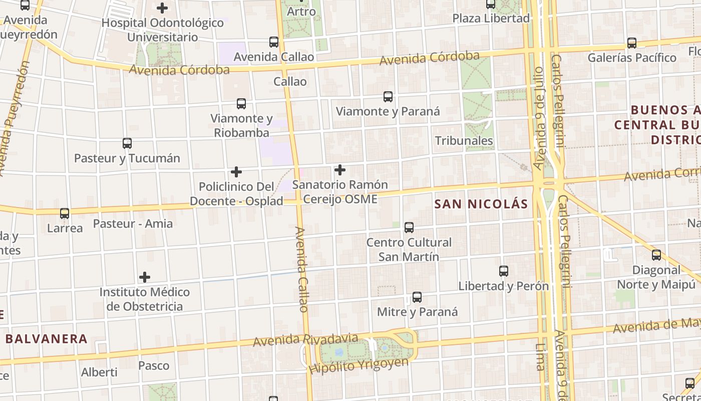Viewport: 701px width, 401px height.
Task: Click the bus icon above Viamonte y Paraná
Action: pyautogui.click(x=388, y=97)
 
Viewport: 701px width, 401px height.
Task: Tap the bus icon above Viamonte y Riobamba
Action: pyautogui.click(x=241, y=104)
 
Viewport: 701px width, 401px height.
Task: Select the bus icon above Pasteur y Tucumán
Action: pyautogui.click(x=127, y=143)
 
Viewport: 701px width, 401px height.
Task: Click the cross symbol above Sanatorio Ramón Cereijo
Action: pyautogui.click(x=340, y=170)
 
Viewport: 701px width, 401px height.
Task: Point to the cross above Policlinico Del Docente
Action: pyautogui.click(x=236, y=172)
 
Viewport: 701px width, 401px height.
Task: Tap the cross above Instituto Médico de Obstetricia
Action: pyautogui.click(x=145, y=277)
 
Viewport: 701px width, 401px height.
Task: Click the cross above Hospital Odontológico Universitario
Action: pyautogui.click(x=162, y=8)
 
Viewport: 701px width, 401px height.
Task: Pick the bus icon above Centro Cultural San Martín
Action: pyautogui.click(x=409, y=228)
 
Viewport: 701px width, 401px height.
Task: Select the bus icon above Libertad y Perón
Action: pyautogui.click(x=504, y=271)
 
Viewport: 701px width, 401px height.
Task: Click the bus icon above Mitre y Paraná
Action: pyautogui.click(x=417, y=297)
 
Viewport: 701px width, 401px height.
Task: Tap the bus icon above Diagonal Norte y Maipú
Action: pyautogui.click(x=656, y=255)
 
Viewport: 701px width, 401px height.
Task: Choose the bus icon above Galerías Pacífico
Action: pyautogui.click(x=632, y=43)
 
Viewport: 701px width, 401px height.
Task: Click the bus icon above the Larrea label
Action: pyautogui.click(x=65, y=214)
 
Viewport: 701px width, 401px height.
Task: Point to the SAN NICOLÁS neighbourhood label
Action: pyautogui.click(x=481, y=204)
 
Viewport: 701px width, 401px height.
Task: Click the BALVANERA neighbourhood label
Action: pyautogui.click(x=47, y=339)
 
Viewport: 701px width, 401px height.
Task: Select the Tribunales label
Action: pyautogui.click(x=464, y=141)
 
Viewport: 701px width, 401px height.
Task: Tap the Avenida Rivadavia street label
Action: pyautogui.click(x=305, y=340)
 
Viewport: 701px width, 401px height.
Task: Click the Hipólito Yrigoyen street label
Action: pyautogui.click(x=358, y=366)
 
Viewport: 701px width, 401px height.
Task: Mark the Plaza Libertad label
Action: pyautogui.click(x=491, y=19)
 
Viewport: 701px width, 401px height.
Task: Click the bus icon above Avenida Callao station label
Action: pyautogui.click(x=273, y=42)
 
